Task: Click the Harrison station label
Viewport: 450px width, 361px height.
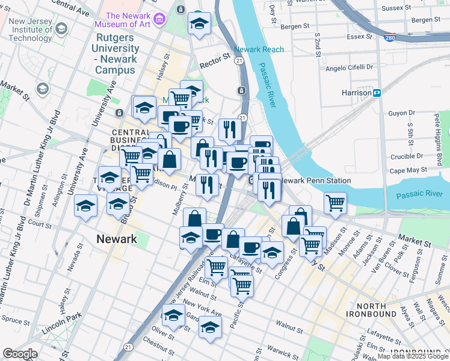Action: [356, 93]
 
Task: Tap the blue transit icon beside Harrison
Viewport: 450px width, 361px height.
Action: [377, 93]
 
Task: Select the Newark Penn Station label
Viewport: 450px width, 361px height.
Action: [307, 180]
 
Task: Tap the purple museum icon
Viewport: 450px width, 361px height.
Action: [159, 19]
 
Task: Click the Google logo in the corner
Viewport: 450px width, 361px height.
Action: [20, 354]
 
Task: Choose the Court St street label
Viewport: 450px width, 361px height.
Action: [40, 224]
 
